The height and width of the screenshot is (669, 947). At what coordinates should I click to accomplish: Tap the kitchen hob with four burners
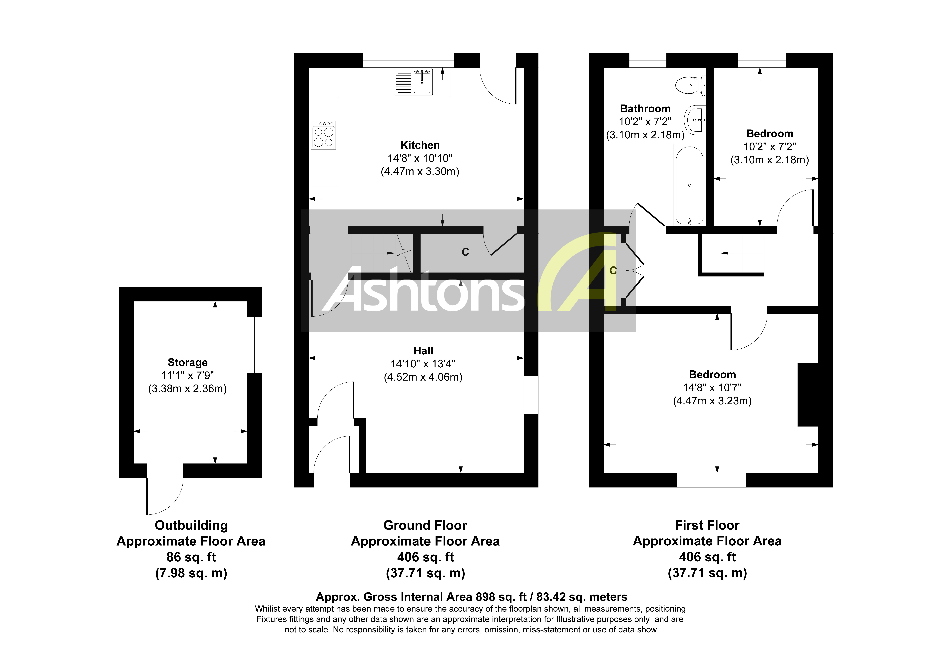point(323,135)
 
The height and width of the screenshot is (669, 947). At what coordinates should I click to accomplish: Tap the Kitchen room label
point(420,145)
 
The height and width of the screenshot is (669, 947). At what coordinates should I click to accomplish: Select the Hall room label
point(423,351)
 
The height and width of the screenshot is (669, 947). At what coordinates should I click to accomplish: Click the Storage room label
point(188,362)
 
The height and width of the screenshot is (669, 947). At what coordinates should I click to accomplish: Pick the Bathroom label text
point(645,108)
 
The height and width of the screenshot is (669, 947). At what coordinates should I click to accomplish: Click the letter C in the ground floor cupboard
point(465,252)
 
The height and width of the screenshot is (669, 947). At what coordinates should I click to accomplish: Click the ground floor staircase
point(379,252)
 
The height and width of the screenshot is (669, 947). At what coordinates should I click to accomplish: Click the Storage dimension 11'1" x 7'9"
point(188,375)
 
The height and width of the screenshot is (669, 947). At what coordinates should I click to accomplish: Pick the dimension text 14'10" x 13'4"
point(423,364)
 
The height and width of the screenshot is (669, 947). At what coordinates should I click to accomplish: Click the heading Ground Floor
point(425,525)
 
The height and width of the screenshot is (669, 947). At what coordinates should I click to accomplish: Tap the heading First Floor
point(707,525)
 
